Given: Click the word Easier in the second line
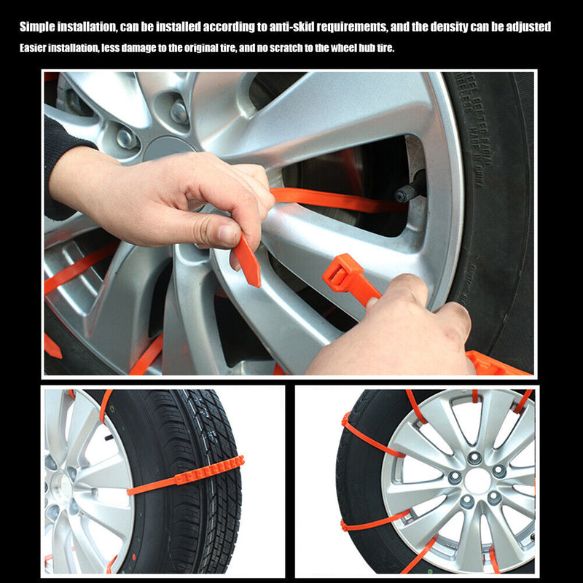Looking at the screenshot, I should [34, 49].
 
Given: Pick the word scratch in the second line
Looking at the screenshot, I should [287, 49].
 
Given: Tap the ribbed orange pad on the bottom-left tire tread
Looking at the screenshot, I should [208, 471].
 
